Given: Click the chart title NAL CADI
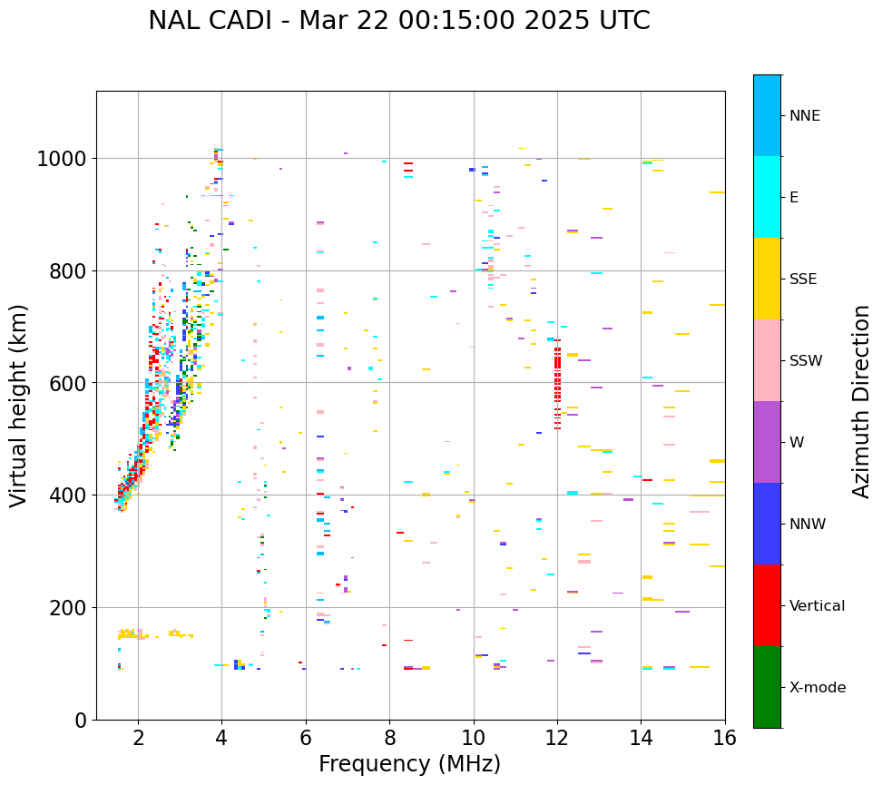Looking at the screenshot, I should [x=399, y=21].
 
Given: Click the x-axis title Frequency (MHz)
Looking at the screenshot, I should [x=409, y=764].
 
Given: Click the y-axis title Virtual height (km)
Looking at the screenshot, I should [x=20, y=405].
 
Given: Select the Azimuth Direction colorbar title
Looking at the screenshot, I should [x=861, y=401].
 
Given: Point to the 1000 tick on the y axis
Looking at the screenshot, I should [x=61, y=159].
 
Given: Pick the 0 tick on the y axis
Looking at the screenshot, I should [x=81, y=720].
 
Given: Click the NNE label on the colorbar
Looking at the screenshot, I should [x=804, y=116].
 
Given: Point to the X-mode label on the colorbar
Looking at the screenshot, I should [x=817, y=688].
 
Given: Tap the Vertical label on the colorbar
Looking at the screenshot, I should [x=817, y=606].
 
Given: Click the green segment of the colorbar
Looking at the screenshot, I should [x=767, y=687].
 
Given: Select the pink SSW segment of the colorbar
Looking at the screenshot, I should [x=767, y=360].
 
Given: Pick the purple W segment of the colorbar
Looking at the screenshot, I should [x=767, y=442].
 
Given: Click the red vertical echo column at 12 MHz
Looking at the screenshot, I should [x=557, y=381].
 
